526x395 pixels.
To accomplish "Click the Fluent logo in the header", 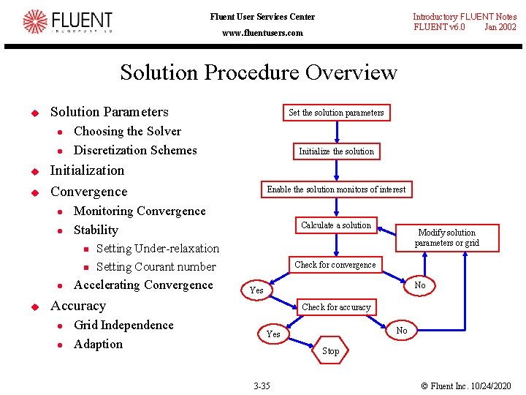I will pos(67,22).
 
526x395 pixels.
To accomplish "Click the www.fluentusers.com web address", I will pos(262,33).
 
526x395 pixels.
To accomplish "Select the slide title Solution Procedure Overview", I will pos(258,72).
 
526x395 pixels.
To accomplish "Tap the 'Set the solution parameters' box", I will pos(336,113).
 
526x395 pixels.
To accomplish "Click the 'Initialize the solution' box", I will pos(336,151).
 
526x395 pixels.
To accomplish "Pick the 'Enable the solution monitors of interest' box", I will pos(336,189).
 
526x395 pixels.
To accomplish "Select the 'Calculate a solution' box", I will pos(336,225).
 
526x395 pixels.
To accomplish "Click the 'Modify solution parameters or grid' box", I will pos(446,238).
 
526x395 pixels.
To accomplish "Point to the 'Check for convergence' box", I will pos(335,265).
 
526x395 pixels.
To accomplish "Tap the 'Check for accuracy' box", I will pos(336,307).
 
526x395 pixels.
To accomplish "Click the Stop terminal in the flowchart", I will pos(331,351).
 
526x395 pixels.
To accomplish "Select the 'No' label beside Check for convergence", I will pos(420,285).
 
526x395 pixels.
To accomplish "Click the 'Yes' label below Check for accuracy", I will pos(273,334).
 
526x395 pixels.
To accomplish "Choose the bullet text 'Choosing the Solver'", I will pos(127,132).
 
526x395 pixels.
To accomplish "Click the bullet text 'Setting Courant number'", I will pos(156,267).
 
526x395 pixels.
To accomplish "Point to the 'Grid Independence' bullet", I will pos(123,326).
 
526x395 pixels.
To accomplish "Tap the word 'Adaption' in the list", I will pos(98,345).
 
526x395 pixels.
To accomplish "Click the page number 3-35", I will pos(261,385).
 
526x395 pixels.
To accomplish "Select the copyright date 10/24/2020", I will pos(490,385).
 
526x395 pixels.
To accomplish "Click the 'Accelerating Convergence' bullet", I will pos(143,285).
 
